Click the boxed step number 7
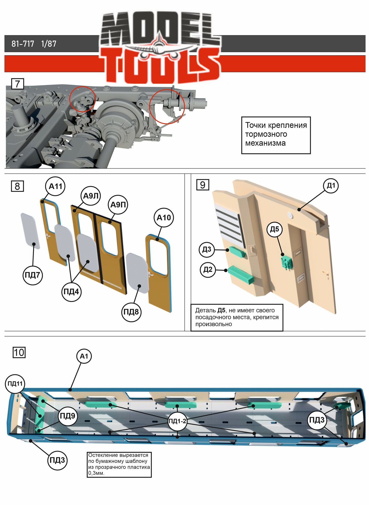(17, 84)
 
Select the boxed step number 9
(203, 185)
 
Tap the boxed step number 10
(19, 352)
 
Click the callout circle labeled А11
(55, 186)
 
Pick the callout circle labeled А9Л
(91, 196)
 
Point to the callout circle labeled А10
(164, 217)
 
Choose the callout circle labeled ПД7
(33, 275)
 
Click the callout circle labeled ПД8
(131, 312)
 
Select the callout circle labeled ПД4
(71, 292)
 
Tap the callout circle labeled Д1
(331, 186)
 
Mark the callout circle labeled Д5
(274, 229)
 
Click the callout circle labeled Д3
(207, 249)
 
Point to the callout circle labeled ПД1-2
(177, 421)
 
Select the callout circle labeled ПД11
(15, 384)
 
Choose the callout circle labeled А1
(84, 356)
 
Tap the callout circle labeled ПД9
(68, 416)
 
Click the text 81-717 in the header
(23, 44)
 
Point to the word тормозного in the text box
(266, 134)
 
